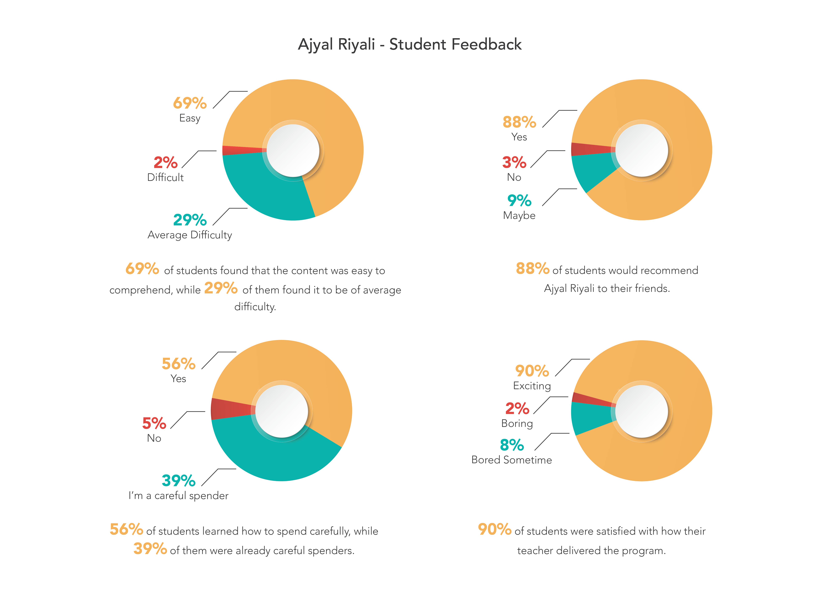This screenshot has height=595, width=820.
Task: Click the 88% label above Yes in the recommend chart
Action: pyautogui.click(x=519, y=122)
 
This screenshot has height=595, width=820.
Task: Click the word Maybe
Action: pyautogui.click(x=519, y=215)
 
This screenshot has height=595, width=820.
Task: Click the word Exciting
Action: pyautogui.click(x=532, y=386)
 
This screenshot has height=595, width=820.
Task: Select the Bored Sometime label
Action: pyautogui.click(x=512, y=460)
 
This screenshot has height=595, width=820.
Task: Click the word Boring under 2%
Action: pyautogui.click(x=517, y=423)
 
